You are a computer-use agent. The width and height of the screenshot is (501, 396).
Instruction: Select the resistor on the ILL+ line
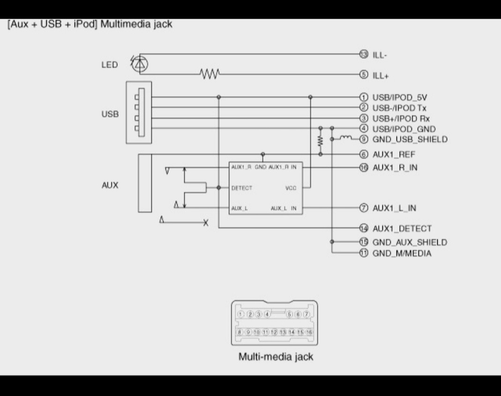(x=209, y=74)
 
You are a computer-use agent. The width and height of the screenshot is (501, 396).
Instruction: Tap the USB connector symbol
(x=139, y=112)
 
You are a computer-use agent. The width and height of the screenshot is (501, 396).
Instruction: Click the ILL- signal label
(x=380, y=55)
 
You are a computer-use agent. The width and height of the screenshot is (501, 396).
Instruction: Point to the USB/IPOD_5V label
(x=399, y=97)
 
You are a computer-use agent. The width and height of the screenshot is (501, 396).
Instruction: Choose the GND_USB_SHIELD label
(x=410, y=139)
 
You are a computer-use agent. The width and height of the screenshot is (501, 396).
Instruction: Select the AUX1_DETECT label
(x=402, y=229)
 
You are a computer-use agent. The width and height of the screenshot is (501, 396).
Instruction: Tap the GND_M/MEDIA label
(x=402, y=254)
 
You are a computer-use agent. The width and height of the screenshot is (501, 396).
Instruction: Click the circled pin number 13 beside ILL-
(x=364, y=54)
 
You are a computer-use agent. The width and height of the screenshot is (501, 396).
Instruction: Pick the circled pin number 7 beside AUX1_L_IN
(x=364, y=208)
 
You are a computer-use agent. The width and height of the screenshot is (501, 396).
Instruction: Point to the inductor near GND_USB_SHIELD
(x=346, y=138)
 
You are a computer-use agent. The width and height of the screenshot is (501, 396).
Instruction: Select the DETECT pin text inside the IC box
(x=242, y=188)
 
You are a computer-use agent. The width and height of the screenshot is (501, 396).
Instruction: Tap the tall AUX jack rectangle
(x=145, y=183)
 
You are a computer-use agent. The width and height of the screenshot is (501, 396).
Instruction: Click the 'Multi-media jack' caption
(x=276, y=357)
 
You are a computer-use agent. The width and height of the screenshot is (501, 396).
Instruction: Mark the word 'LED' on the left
(x=110, y=65)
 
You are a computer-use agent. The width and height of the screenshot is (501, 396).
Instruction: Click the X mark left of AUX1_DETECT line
(x=205, y=223)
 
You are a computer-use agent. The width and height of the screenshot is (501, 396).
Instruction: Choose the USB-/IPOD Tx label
(x=399, y=108)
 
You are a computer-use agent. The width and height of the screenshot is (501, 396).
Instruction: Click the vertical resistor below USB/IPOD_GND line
(x=321, y=140)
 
